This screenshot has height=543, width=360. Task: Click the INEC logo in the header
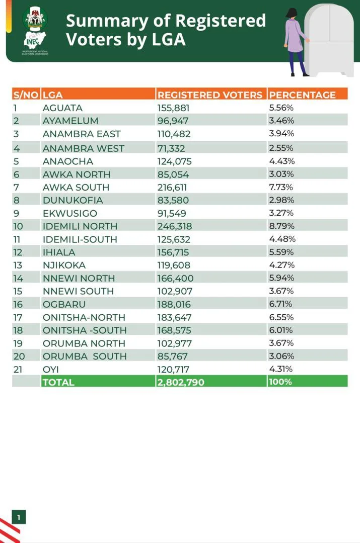tap(35, 29)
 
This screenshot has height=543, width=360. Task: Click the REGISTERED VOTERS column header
tap(209, 95)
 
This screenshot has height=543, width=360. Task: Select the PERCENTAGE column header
tap(302, 95)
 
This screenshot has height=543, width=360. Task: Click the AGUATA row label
tap(62, 108)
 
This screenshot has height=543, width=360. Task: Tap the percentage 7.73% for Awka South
tap(281, 187)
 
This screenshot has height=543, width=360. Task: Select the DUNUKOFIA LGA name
tap(73, 200)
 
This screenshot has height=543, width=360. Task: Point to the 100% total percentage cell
tap(280, 382)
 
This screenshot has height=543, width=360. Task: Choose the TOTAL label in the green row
tap(58, 382)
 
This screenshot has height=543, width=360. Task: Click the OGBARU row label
tap(64, 304)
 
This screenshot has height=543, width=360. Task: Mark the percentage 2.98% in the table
tap(281, 200)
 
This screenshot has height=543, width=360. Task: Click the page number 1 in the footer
tap(19, 517)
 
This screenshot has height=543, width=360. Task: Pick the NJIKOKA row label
tap(64, 265)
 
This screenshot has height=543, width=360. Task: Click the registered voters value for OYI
tap(173, 369)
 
